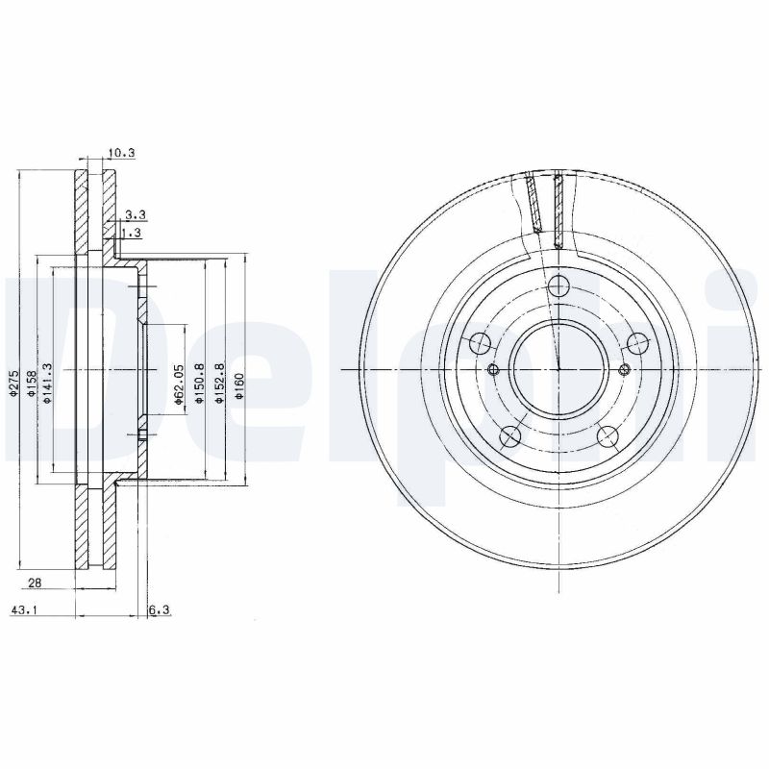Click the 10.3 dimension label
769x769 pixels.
120,153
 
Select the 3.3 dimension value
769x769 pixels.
135,214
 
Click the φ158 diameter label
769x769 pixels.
32,384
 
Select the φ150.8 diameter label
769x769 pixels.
199,384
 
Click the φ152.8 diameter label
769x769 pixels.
220,384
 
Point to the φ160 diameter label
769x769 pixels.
240,385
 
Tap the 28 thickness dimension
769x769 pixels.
34,583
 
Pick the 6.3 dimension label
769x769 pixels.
160,609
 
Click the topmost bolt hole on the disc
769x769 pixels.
558,286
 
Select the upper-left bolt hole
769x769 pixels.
480,342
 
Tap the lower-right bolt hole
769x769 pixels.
607,435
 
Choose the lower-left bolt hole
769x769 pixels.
509,435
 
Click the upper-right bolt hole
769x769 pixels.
636,342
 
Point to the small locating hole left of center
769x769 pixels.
494,371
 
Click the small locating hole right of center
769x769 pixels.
623,371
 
